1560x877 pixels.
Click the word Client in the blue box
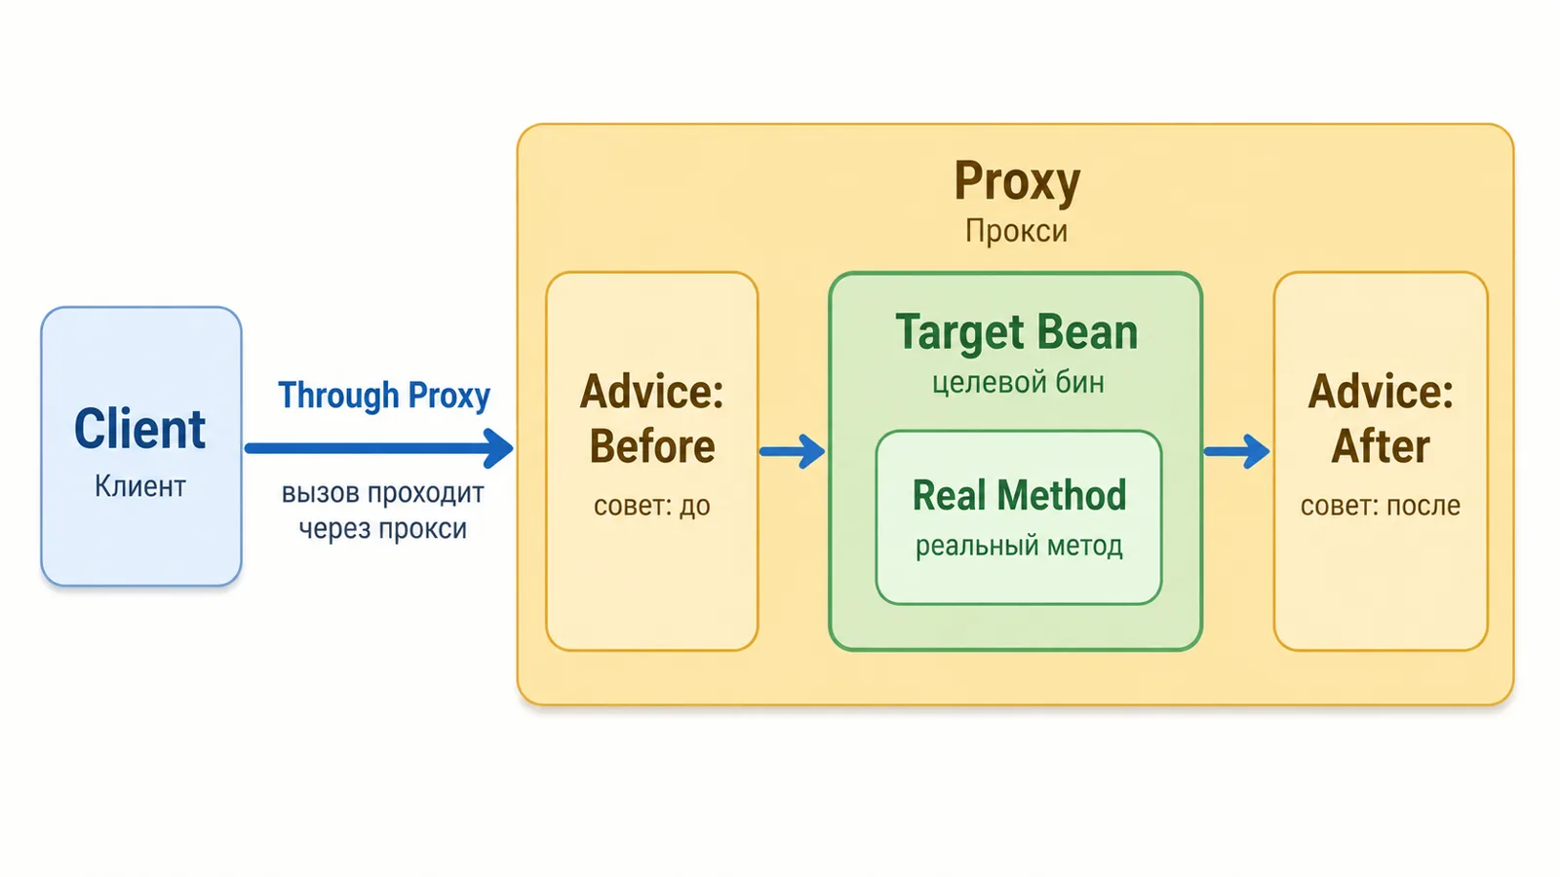point(140,429)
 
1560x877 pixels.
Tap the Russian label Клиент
point(140,486)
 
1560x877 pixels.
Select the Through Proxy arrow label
point(384,396)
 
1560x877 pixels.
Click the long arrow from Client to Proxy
point(379,448)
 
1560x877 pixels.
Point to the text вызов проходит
point(383,493)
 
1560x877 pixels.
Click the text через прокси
point(383,528)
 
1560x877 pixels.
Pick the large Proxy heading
point(1017,181)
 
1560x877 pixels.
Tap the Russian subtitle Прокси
point(1016,231)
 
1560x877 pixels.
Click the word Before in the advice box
point(652,446)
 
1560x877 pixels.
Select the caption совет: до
point(652,506)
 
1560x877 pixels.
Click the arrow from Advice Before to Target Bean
point(793,452)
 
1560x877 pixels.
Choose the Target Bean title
point(1017,332)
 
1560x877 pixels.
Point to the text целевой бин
point(1018,383)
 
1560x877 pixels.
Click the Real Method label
point(1020,496)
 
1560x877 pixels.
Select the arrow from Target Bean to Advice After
point(1237,452)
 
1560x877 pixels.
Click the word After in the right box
point(1381,446)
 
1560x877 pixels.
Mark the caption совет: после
point(1381,506)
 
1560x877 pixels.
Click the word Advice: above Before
point(652,392)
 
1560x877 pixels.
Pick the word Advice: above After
point(1381,392)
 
